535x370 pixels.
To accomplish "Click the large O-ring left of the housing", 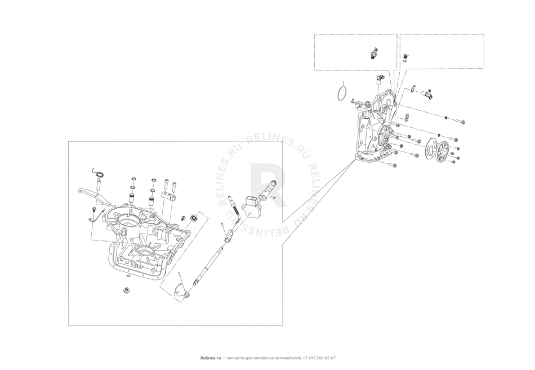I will coord(340,93).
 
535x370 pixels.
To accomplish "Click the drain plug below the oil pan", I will coord(126,291).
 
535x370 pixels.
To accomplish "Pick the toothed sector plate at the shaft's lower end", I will coord(182,289).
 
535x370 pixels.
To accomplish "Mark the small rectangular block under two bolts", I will coord(167,195).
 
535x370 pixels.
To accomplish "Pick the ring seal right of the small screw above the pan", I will coord(194,218).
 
